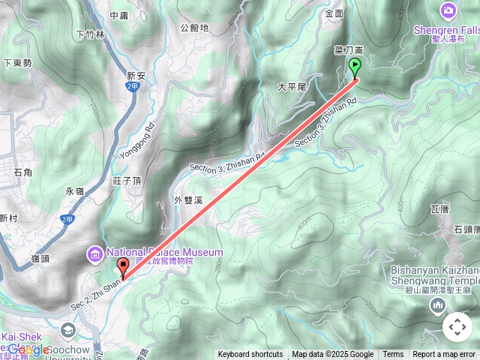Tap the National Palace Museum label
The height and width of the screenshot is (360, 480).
(164, 252)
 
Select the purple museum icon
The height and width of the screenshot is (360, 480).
(95, 255)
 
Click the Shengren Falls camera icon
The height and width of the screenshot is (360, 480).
(449, 10)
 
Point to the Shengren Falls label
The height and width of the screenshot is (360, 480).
(447, 30)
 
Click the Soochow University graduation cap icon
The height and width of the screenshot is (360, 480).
(68, 330)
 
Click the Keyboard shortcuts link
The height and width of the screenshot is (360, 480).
(250, 355)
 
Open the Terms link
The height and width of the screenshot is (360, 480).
(393, 355)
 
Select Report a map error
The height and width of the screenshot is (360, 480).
(444, 355)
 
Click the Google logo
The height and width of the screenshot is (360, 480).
(28, 349)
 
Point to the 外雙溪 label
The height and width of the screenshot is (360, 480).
(189, 200)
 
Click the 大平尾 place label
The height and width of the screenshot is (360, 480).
(292, 87)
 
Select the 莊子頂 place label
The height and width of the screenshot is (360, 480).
(127, 181)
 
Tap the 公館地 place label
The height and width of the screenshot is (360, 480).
(195, 28)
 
